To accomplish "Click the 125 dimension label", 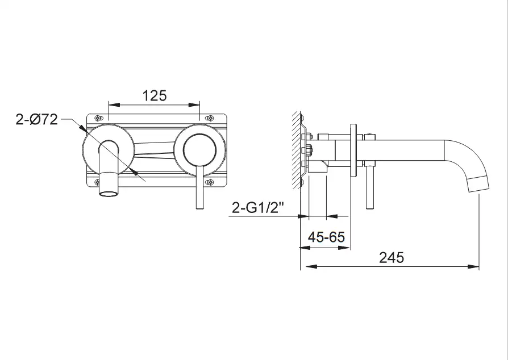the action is pos(155,95).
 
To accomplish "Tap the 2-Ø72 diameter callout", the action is pos(36,119).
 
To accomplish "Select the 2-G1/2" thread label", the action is pos(258,207).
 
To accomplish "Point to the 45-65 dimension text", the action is pos(326,237).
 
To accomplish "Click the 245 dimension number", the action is pos(392,258).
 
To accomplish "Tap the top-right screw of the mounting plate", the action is pos(210,118).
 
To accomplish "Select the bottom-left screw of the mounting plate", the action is pos(97,182).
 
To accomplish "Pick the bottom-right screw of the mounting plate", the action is pos(210,182).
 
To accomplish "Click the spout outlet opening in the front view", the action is pos(109,194).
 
